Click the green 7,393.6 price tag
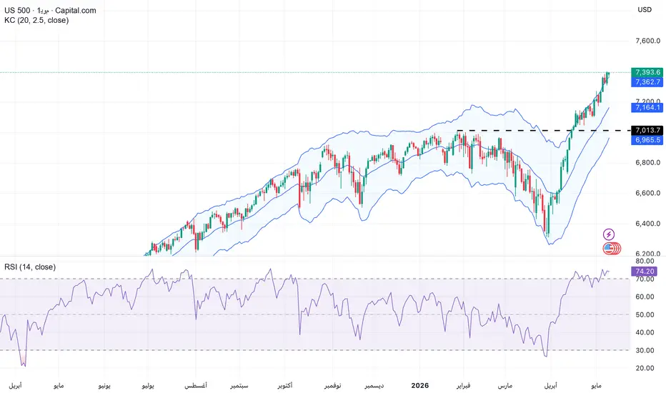[x=647, y=72]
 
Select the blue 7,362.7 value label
[x=647, y=82]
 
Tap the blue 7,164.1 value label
[x=647, y=107]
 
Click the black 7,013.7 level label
[x=647, y=131]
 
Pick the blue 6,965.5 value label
[x=647, y=140]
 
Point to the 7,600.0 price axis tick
[x=647, y=41]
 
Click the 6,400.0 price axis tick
[x=647, y=224]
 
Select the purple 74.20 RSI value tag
[x=645, y=271]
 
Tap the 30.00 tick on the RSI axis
[x=645, y=351]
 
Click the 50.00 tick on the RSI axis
[x=645, y=315]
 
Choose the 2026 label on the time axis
[x=420, y=385]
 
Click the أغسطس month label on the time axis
[x=196, y=386]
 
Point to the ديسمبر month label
[x=374, y=386]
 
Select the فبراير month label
[x=463, y=386]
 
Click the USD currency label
[x=645, y=10]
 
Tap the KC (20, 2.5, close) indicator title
[x=36, y=20]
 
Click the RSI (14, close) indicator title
[x=30, y=267]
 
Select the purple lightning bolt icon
[x=609, y=234]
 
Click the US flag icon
[x=609, y=249]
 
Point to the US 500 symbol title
[x=17, y=10]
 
